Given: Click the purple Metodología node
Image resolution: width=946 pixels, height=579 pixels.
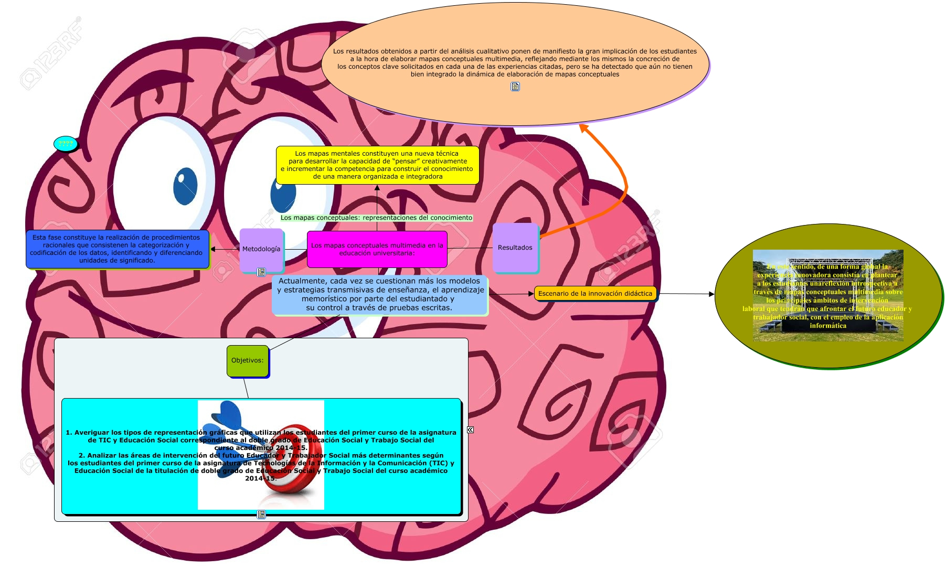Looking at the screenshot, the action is point(261,249).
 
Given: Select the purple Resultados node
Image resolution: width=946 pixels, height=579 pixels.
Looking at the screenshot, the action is point(515,248).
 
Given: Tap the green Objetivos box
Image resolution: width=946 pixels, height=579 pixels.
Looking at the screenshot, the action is point(248,360).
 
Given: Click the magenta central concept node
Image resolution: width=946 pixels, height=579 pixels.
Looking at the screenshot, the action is point(377,249).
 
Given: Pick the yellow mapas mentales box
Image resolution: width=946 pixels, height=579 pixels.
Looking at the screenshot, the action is point(377,165).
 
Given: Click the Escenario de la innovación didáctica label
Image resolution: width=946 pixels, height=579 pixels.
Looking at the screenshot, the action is point(595,294).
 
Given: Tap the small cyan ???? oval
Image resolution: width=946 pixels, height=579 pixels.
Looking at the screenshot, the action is point(66,144).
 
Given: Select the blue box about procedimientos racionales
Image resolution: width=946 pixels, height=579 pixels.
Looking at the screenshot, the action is point(117,249).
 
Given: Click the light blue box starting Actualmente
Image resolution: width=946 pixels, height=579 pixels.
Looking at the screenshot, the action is point(379,295).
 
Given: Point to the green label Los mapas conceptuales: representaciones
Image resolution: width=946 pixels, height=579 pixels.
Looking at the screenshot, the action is point(376,218).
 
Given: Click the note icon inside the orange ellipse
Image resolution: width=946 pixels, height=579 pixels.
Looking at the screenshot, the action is point(515,87).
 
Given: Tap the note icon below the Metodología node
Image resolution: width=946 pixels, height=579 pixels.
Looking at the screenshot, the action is point(261,272).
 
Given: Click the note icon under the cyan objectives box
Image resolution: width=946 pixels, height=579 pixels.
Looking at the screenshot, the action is point(261,514).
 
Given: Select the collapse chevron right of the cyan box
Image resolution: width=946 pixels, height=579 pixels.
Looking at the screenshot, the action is point(470,430).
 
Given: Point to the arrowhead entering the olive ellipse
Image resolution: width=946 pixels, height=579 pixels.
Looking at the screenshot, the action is point(711,294).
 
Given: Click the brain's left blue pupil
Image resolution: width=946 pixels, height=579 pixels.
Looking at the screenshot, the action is point(185,186).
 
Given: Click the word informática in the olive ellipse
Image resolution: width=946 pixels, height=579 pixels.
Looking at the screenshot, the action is point(828,326).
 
